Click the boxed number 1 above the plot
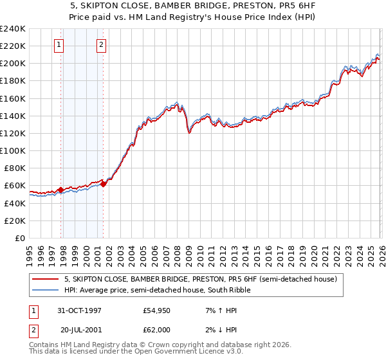pos(59,45)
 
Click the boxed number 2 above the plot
pos(102,45)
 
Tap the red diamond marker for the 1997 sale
pos(60,190)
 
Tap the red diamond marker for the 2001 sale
pos(103,184)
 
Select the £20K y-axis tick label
pos(14,221)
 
